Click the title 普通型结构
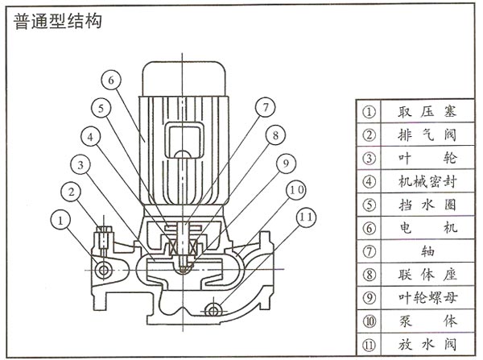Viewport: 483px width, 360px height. point(57,21)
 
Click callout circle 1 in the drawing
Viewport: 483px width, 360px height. point(59,217)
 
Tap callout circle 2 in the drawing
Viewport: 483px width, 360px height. point(72,192)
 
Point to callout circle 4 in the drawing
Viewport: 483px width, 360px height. point(94,137)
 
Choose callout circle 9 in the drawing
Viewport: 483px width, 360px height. point(283,163)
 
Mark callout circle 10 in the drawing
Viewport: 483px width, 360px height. point(295,189)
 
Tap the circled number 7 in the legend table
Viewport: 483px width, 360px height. point(369,251)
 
